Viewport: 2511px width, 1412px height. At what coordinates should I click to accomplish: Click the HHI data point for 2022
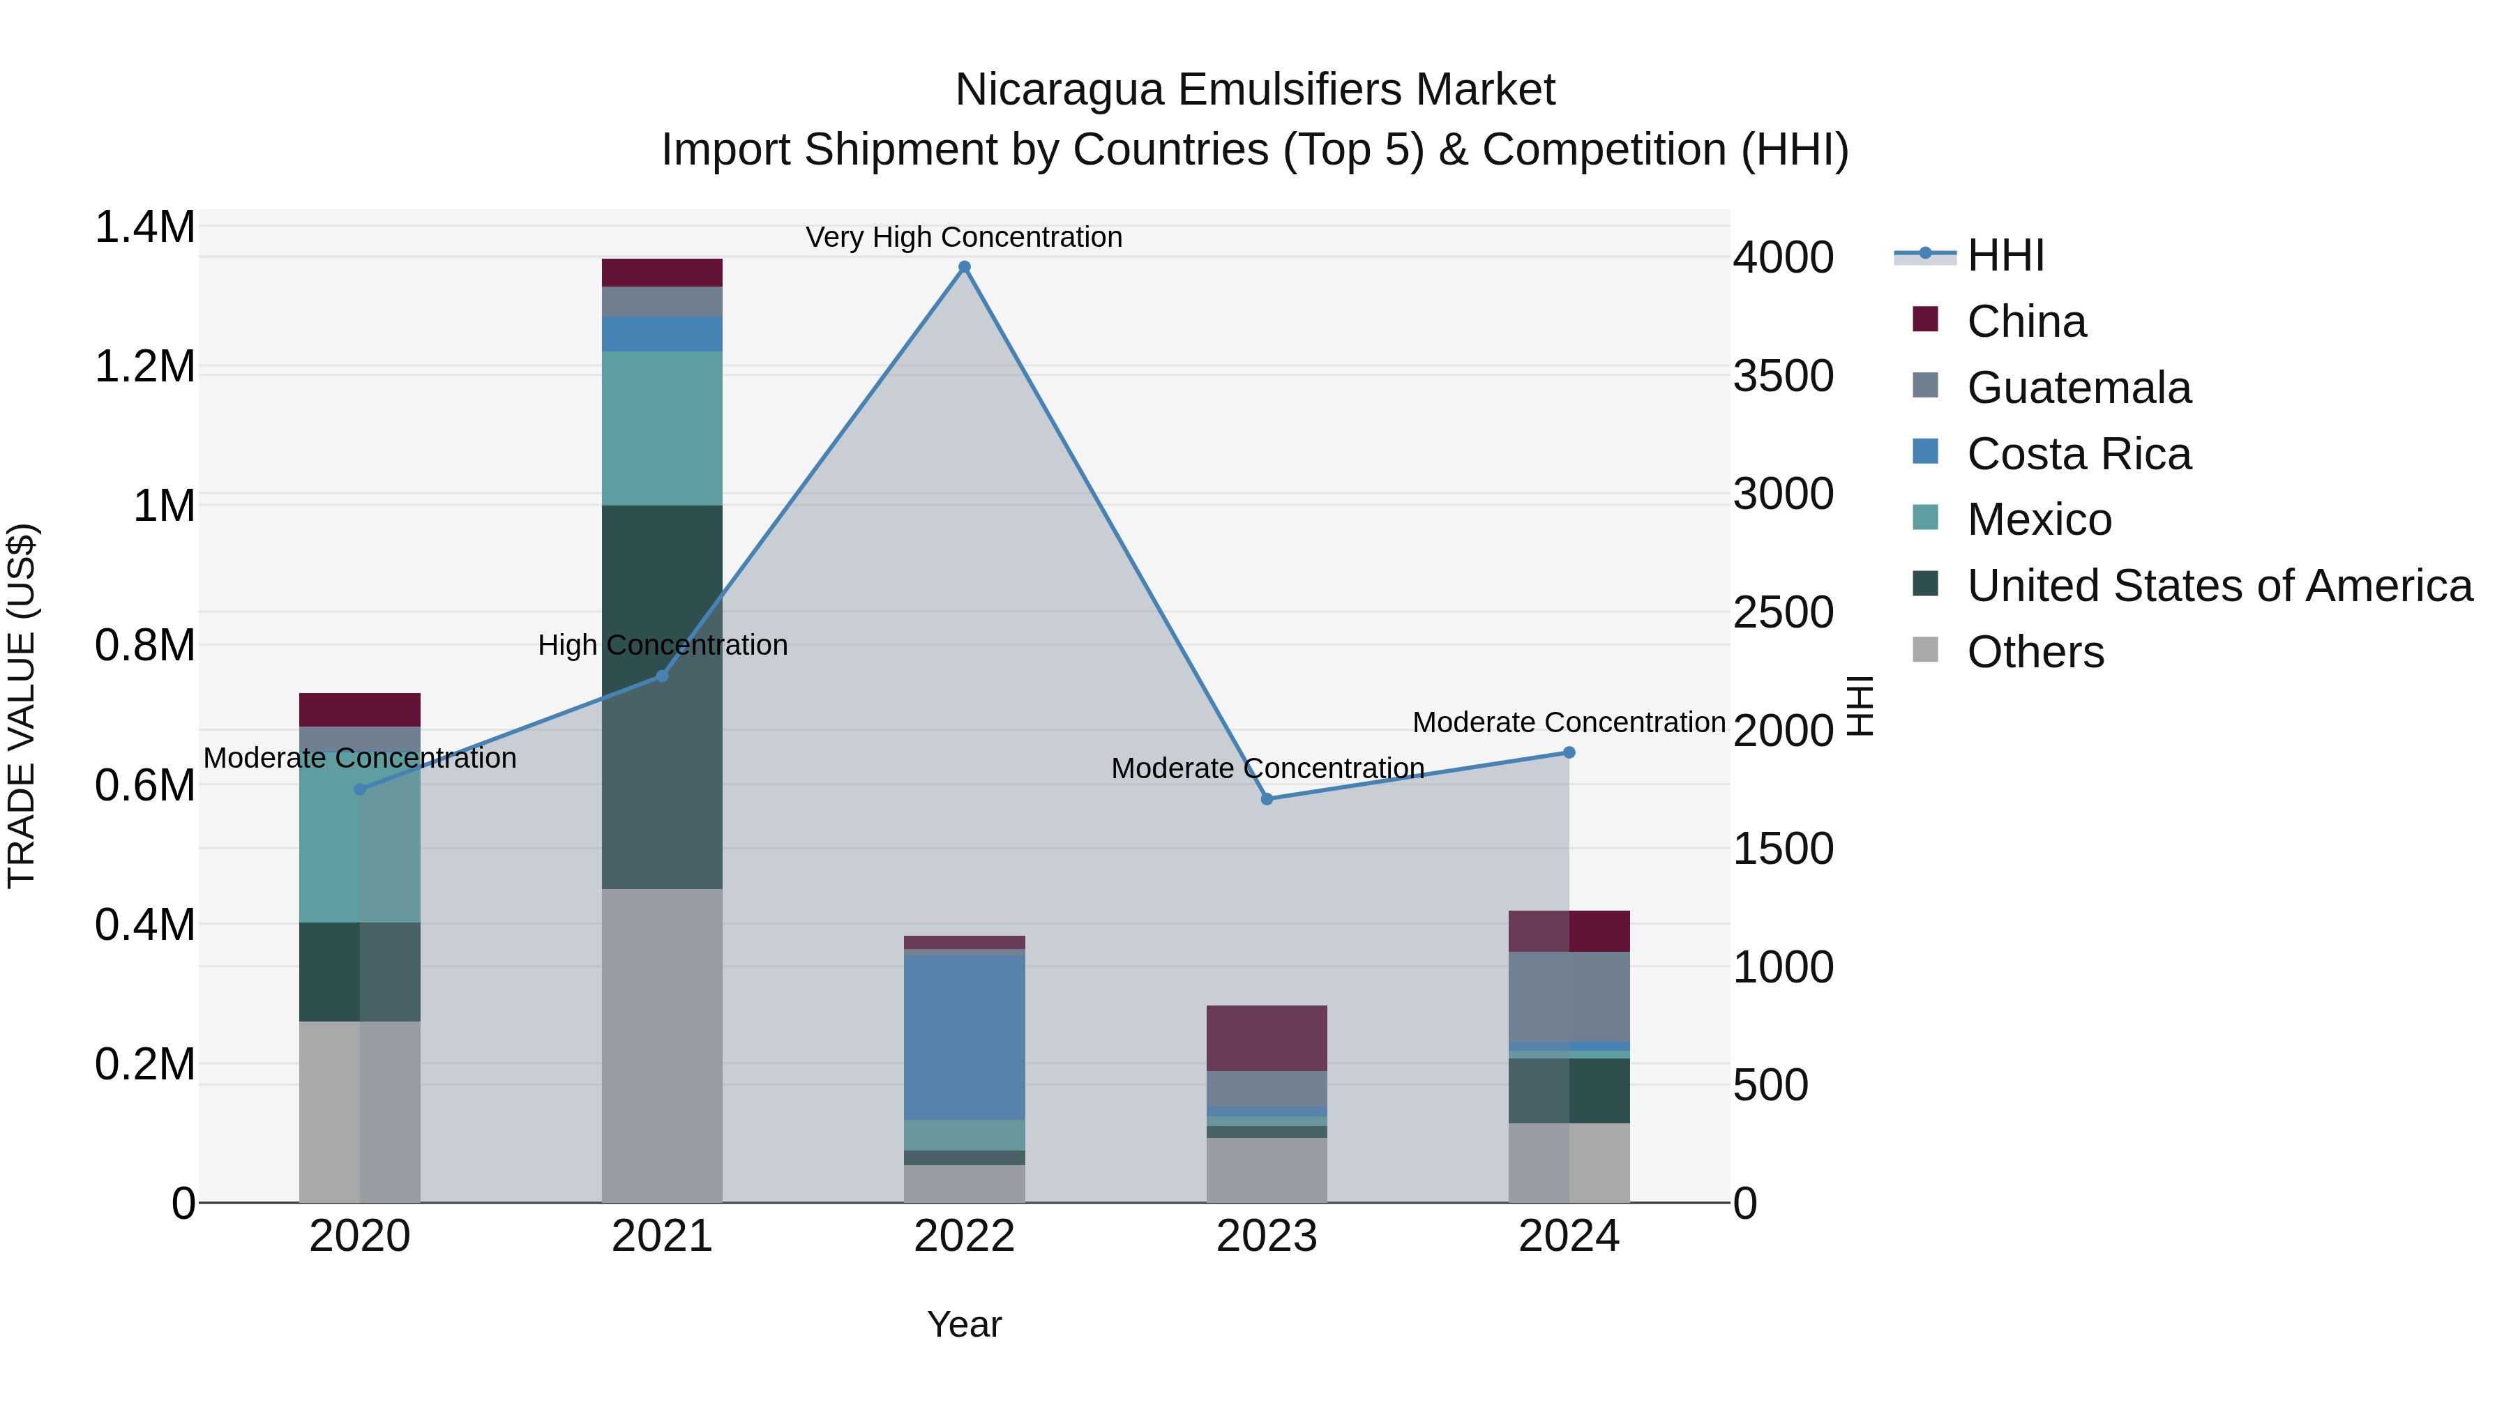click(964, 267)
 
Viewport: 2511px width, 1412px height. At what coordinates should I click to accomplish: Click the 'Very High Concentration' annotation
click(964, 237)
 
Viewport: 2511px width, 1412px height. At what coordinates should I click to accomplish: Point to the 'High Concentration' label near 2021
click(663, 645)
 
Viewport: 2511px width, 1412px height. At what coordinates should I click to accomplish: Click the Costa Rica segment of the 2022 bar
click(964, 1037)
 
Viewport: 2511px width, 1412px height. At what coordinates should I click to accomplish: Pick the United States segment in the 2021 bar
click(662, 697)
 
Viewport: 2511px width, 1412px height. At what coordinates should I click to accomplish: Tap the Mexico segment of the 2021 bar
click(662, 429)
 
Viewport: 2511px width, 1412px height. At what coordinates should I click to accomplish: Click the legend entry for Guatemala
click(2079, 388)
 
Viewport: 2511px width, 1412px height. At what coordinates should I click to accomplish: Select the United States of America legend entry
click(2219, 586)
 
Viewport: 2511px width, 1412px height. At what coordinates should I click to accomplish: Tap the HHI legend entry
click(2004, 255)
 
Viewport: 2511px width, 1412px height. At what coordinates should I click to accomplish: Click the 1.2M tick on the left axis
click(144, 367)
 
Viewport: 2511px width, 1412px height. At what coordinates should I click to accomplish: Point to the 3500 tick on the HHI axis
click(1783, 376)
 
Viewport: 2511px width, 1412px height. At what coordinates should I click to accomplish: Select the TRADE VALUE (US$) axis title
click(22, 706)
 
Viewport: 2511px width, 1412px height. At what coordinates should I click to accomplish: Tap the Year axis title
click(964, 1324)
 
